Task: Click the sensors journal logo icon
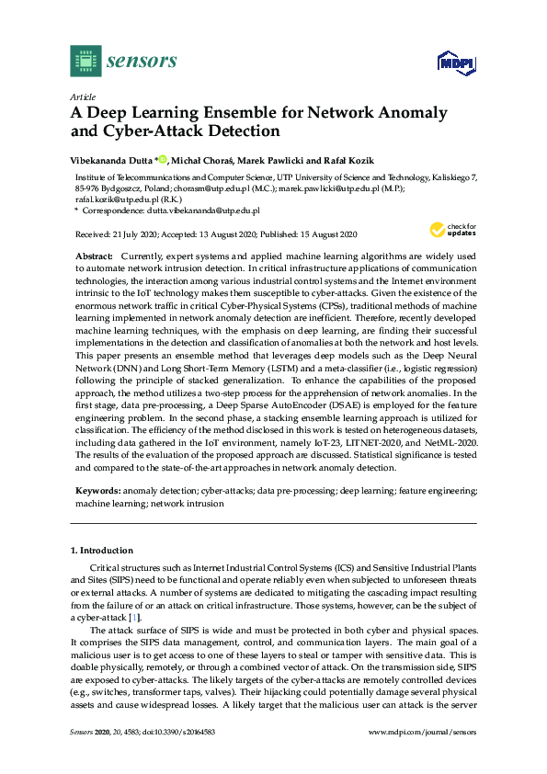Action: (x=85, y=62)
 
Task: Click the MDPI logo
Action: (x=451, y=63)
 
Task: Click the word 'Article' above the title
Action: (x=83, y=96)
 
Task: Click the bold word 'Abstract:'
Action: (x=94, y=254)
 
